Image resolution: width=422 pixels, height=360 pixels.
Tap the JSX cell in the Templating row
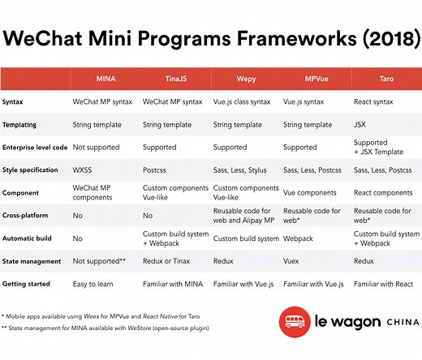tap(361, 125)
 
